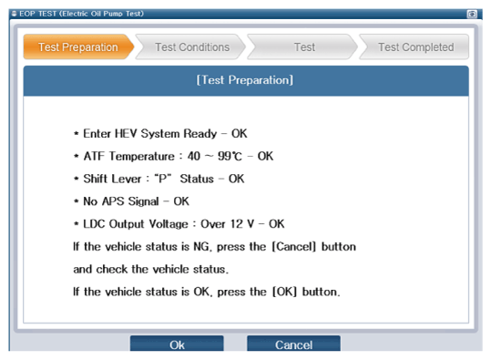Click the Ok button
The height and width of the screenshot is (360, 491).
tap(177, 344)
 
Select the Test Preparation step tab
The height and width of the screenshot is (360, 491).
tap(78, 47)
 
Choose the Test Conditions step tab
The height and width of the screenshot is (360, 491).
tap(192, 47)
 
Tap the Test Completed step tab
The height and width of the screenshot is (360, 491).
tap(415, 47)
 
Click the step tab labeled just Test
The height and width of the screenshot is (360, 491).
tap(304, 47)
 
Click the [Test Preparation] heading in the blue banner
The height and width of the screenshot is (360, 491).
tap(244, 80)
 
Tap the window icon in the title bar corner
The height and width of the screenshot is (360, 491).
tap(472, 14)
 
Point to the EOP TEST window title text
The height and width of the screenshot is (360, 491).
tap(81, 14)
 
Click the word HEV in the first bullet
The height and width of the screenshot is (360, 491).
tap(126, 133)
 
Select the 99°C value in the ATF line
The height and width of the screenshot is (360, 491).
tap(230, 156)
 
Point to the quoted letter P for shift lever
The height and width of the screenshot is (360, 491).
tap(163, 179)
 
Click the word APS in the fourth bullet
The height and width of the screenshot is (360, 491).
tap(113, 201)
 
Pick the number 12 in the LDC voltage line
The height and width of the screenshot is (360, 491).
tap(237, 223)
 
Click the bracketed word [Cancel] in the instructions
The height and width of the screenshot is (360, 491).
tap(293, 247)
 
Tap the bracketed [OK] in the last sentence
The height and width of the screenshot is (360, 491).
tap(284, 292)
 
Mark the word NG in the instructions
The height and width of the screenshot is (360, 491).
tap(201, 247)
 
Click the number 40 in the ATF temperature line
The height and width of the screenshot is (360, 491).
tap(194, 156)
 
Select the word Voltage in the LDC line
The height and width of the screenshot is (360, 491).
tap(169, 224)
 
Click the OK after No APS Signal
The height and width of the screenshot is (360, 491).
tap(181, 201)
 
